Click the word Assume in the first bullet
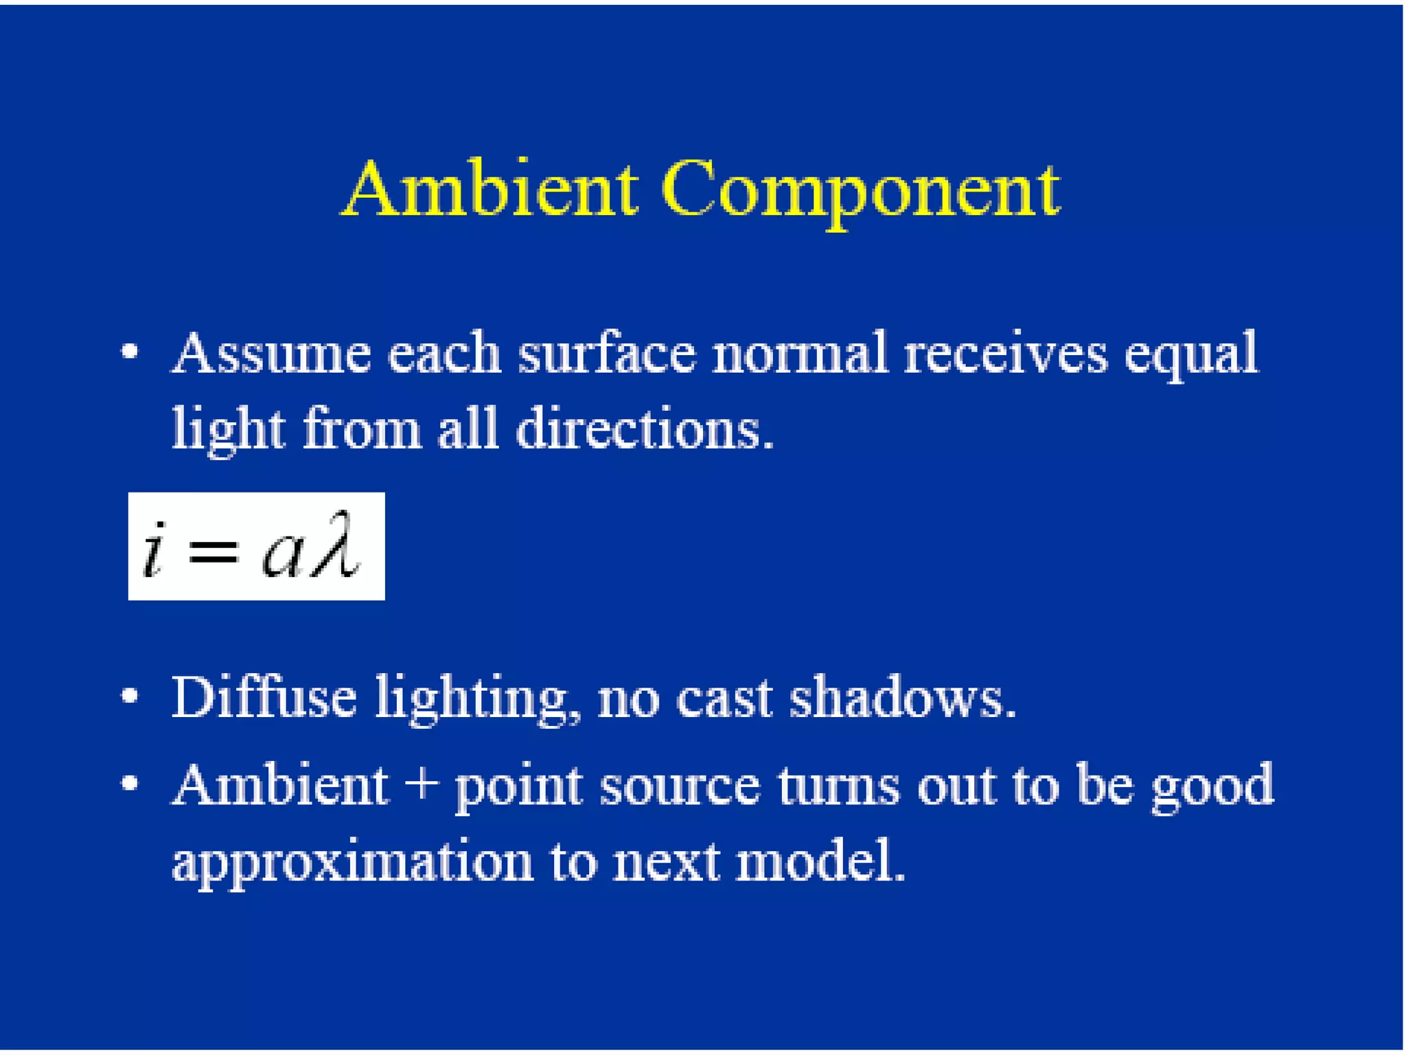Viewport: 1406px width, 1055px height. pyautogui.click(x=271, y=353)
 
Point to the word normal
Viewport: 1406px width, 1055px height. pyautogui.click(x=799, y=353)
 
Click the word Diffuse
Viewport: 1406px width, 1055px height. pyautogui.click(x=264, y=697)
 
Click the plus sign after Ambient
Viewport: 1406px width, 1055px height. pyautogui.click(x=422, y=785)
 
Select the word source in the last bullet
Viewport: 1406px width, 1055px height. pyautogui.click(x=680, y=786)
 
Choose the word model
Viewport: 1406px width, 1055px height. pyautogui.click(x=820, y=861)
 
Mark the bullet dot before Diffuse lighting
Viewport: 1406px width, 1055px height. pyautogui.click(x=130, y=696)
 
